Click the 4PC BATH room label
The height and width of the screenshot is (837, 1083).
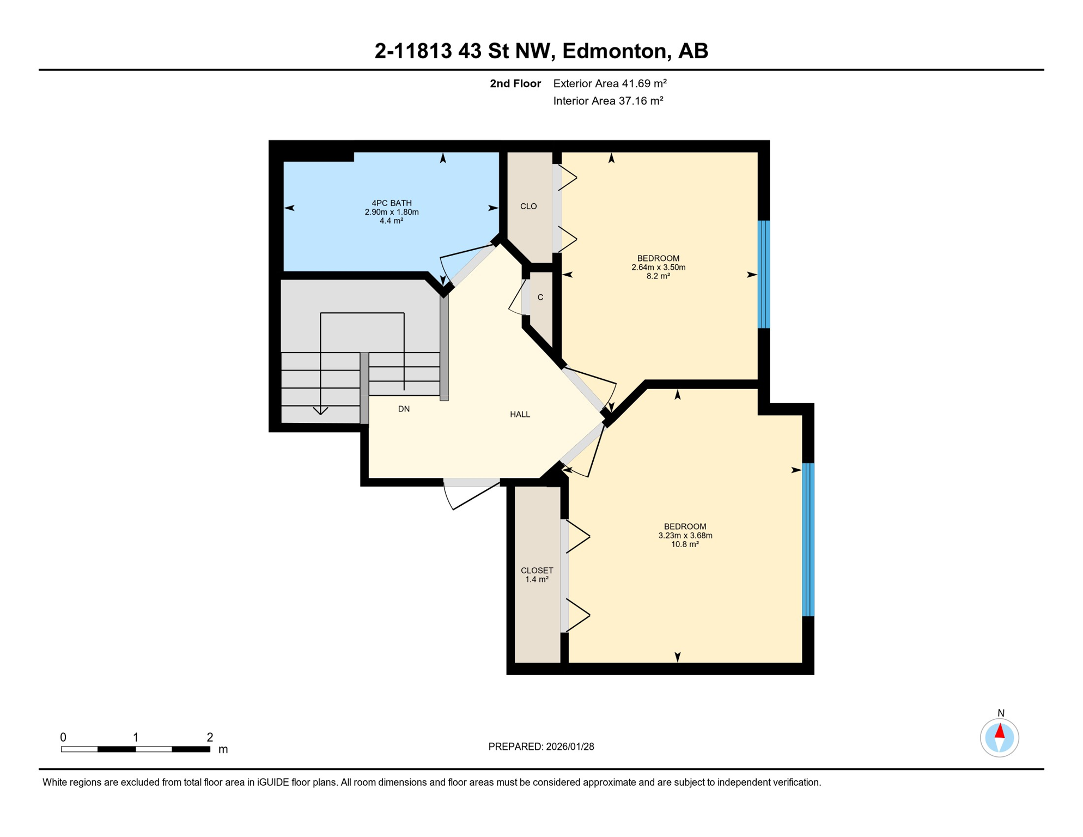(391, 203)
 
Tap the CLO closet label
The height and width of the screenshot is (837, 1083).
(528, 207)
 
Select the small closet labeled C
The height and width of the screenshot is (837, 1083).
(540, 298)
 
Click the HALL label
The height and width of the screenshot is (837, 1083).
(520, 415)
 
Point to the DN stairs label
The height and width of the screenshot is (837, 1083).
(404, 409)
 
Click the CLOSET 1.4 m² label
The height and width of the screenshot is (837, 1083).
(537, 575)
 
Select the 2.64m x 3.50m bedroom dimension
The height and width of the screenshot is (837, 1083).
(658, 268)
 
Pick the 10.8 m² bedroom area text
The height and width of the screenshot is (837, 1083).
(685, 544)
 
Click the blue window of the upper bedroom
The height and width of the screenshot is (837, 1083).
(764, 274)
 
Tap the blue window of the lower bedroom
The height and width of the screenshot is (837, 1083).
(808, 539)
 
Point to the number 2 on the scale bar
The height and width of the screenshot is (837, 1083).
(210, 737)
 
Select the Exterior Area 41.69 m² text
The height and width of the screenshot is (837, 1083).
(610, 83)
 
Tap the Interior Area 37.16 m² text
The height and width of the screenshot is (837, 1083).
(608, 101)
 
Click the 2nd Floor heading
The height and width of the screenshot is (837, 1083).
(515, 83)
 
